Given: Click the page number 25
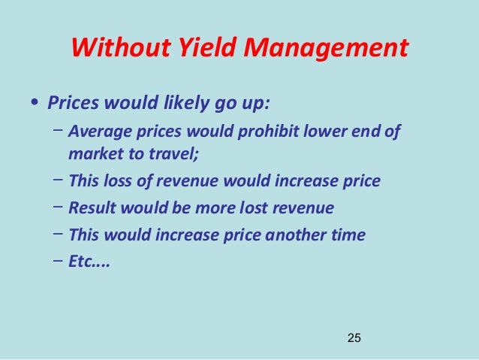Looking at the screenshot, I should (x=354, y=338).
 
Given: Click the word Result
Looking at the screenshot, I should (x=91, y=207).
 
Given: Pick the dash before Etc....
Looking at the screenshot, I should (x=59, y=261).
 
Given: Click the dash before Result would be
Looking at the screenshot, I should (x=59, y=207).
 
